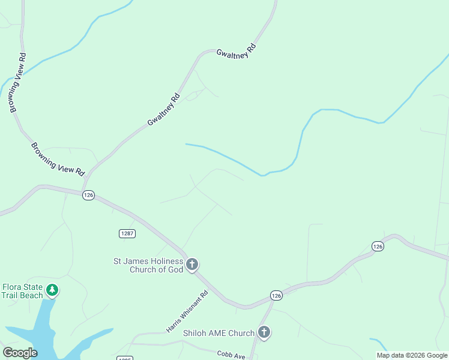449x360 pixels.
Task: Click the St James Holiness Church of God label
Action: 149,265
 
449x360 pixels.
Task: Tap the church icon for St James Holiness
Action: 192,265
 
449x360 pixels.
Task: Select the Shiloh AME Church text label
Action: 219,333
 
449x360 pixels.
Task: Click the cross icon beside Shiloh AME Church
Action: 264,332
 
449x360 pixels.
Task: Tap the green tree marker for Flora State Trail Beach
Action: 53,290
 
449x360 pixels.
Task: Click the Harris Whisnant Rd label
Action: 187,312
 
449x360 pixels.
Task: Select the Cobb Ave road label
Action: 231,355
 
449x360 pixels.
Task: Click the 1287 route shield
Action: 127,233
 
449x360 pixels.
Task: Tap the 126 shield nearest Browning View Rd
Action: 88,195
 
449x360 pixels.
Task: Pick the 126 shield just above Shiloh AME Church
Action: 276,295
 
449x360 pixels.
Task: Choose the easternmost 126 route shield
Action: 377,246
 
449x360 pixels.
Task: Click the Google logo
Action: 20,353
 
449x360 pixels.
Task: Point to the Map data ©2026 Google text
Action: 412,355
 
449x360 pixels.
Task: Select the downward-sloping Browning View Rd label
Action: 58,158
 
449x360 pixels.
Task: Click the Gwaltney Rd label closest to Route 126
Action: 163,109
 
